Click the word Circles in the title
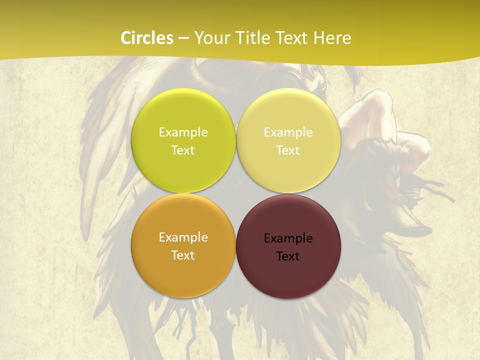point(147,38)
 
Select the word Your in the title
point(210,38)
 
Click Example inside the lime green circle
point(183,132)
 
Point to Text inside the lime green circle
point(183,150)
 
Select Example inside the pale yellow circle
point(288,132)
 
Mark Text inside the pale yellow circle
point(288,150)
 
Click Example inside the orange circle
point(183,237)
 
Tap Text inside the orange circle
point(183,255)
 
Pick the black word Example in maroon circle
point(288,238)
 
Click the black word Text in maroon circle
point(288,256)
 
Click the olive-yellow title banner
point(410,30)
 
